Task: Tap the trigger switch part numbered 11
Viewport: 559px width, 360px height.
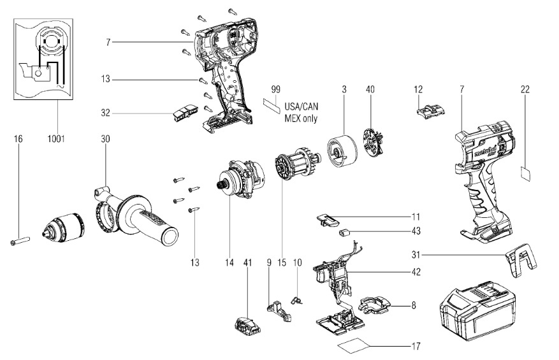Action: [x=328, y=220]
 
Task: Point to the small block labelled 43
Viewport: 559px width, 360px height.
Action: [x=347, y=233]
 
